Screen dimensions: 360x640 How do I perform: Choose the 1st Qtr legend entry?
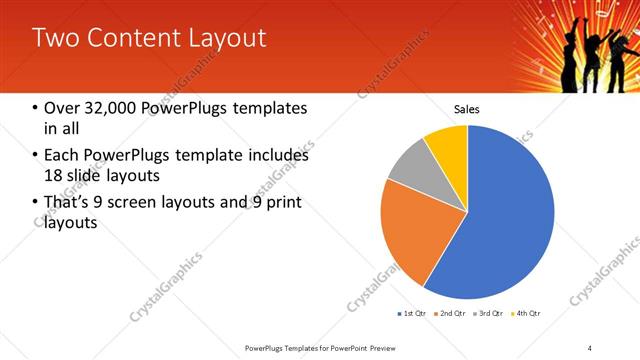412,315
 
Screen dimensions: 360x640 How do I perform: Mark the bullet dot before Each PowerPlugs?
36,156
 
